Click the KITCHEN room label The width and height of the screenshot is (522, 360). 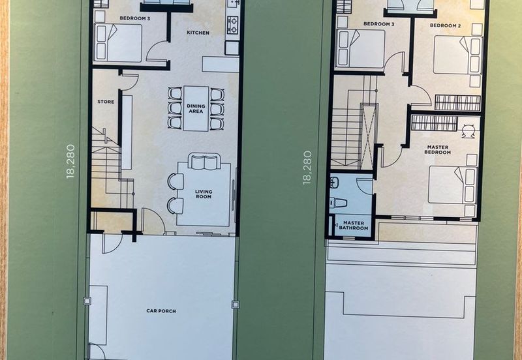198,33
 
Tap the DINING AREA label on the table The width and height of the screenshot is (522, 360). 196,108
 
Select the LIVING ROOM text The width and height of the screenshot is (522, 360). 204,194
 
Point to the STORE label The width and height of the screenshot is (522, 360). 106,102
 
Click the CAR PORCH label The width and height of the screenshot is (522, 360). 161,310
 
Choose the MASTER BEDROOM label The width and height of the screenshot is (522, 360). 437,149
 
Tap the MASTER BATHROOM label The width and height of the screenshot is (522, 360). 354,225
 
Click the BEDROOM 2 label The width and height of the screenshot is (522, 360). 445,25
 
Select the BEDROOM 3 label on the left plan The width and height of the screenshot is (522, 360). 135,18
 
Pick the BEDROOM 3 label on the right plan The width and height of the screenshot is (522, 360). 379,24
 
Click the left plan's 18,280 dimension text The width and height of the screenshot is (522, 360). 70,161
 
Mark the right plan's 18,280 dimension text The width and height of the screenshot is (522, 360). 307,168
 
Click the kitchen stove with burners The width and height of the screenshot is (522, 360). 232,25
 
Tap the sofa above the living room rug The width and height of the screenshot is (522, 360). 204,161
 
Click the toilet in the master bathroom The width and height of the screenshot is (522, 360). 338,202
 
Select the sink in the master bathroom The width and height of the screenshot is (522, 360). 334,183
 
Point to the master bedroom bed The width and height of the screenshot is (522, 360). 452,185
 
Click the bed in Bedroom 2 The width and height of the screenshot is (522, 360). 457,55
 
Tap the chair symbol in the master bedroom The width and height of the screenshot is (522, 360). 468,130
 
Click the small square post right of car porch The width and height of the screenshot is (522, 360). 236,305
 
